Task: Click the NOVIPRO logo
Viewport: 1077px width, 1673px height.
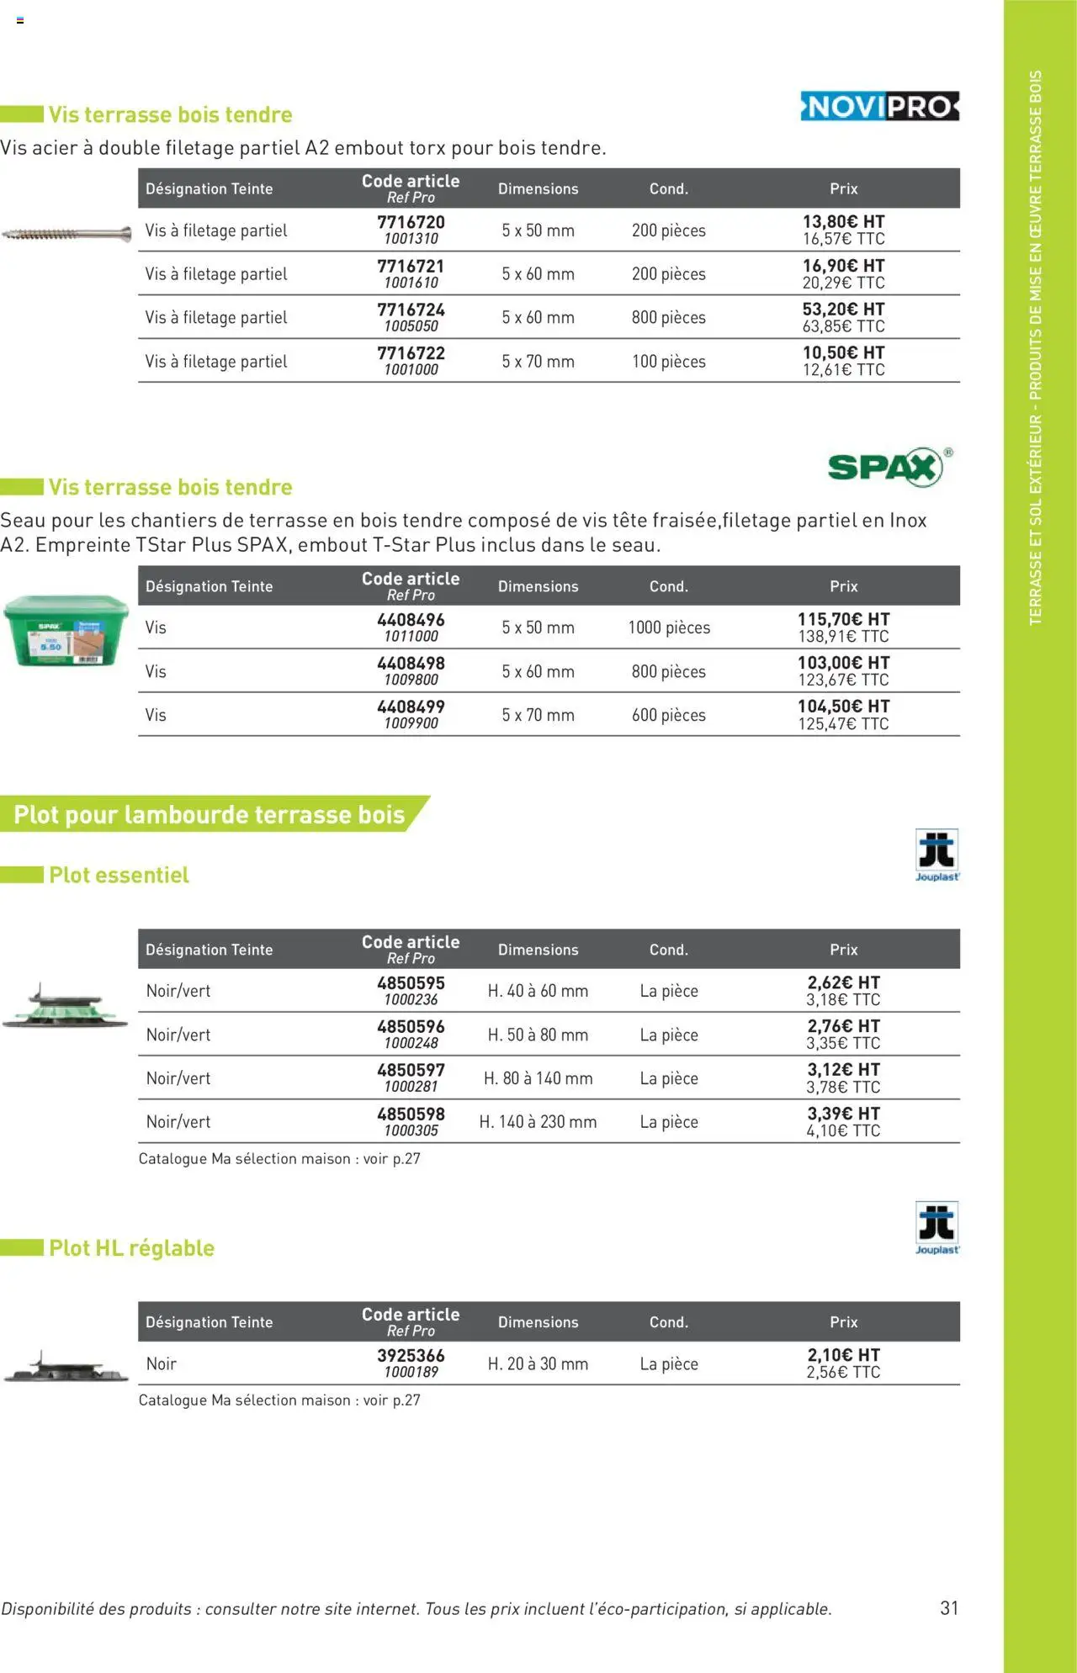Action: click(879, 107)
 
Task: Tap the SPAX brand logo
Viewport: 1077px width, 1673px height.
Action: click(885, 467)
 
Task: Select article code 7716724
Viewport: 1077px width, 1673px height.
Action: click(411, 310)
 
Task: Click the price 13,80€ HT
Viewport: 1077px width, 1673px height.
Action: click(843, 221)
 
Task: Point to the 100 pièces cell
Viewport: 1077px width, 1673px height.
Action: click(669, 362)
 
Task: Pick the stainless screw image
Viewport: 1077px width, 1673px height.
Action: click(66, 233)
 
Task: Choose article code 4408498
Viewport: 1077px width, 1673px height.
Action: click(411, 664)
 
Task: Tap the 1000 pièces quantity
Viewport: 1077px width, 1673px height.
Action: click(669, 627)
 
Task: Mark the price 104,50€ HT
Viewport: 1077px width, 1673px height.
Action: click(843, 707)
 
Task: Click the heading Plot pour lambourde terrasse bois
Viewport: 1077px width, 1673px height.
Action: click(210, 814)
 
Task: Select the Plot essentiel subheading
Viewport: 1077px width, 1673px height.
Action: click(119, 875)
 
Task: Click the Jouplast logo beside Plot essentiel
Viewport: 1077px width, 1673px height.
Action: click(936, 854)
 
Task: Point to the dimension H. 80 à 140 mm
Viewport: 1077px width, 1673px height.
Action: click(538, 1078)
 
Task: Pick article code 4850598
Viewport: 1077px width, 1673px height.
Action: click(411, 1114)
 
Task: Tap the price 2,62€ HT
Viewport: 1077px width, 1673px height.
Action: click(843, 982)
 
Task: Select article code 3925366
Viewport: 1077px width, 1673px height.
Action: click(411, 1355)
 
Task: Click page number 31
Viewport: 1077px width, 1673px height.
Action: click(949, 1607)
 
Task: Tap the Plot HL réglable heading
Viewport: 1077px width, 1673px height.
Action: click(131, 1247)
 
